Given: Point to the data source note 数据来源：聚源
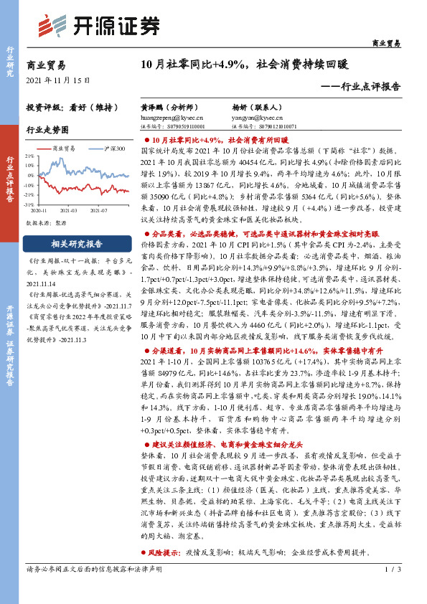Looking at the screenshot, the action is pos(47,223).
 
